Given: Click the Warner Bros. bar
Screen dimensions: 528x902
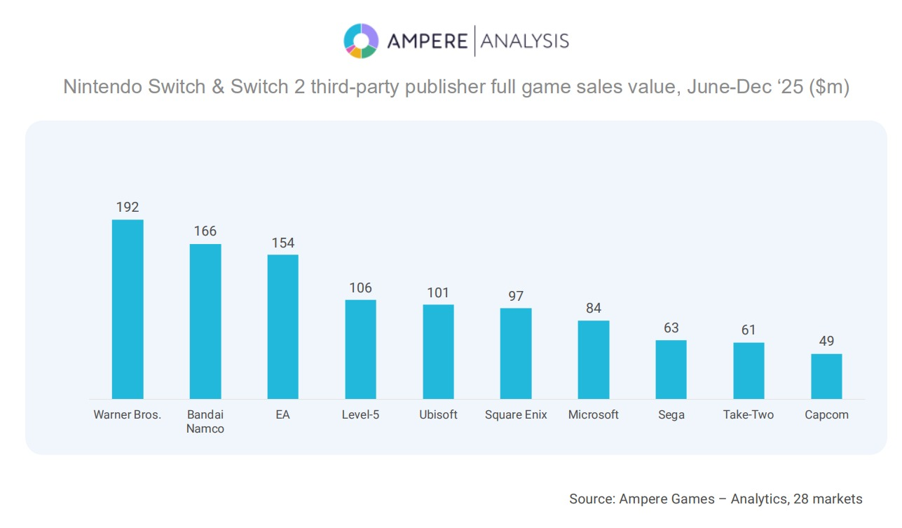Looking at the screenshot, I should (128, 309).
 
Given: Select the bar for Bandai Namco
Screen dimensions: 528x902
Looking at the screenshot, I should (205, 321).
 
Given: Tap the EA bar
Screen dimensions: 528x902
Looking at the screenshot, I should (282, 327).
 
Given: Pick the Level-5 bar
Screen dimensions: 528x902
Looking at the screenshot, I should (360, 349).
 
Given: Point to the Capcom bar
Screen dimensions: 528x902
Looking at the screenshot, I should (826, 377).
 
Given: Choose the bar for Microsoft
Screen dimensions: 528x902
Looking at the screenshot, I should (594, 360).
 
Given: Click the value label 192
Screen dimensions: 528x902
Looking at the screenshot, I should (128, 207).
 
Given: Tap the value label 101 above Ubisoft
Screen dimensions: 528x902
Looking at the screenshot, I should (438, 292).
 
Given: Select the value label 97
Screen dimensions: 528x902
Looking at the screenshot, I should (516, 296).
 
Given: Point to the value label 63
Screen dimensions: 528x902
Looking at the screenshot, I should (671, 328).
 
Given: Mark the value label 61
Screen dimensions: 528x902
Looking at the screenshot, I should (749, 330).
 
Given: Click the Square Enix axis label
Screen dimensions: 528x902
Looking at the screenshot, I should (516, 414).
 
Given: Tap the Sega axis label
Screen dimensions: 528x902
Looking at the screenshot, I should (671, 414).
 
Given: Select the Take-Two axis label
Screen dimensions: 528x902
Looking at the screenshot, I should (749, 414).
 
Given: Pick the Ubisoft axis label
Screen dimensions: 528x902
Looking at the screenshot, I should (438, 414).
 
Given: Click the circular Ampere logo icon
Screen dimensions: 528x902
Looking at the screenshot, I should (361, 41).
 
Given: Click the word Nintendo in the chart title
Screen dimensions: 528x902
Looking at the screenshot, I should (97, 87).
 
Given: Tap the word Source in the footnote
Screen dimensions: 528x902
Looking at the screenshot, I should (592, 499).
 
